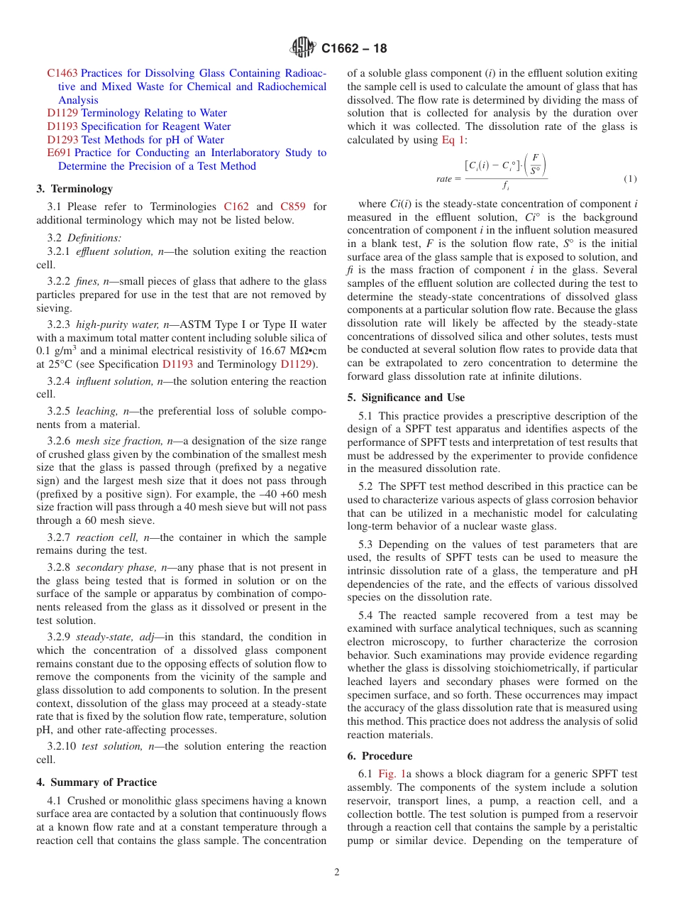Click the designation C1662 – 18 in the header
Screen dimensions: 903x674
[x=354, y=49]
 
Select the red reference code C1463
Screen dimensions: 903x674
[x=62, y=73]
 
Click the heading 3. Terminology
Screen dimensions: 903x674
[x=74, y=189]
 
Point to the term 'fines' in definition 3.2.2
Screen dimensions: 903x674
[x=87, y=282]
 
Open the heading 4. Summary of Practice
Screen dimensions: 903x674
[x=96, y=782]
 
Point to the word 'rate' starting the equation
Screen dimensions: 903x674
[x=444, y=179]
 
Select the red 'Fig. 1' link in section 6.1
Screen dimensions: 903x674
[x=392, y=774]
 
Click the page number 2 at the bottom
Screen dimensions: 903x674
[x=337, y=872]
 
